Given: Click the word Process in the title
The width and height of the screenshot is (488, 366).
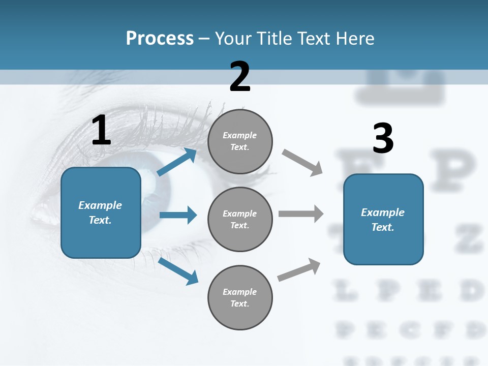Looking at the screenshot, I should click(160, 38).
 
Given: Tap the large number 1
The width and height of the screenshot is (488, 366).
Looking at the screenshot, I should click(101, 130).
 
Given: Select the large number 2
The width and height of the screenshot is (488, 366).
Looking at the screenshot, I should click(240, 77).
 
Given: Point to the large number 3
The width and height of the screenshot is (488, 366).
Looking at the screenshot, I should click(383, 138).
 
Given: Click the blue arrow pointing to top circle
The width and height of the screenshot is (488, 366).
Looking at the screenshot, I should click(177, 162).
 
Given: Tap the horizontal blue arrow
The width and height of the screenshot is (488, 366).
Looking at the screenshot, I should click(178, 215).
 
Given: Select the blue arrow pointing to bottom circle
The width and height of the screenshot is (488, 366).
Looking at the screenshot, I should click(178, 271).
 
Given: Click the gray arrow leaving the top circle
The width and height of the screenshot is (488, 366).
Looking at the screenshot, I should click(302, 162).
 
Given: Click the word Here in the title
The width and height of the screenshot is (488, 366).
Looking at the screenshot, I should click(355, 38).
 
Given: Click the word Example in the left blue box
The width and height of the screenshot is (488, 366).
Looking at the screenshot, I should click(100, 205).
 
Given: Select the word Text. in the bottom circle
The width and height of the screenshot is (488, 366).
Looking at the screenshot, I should click(239, 303).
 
